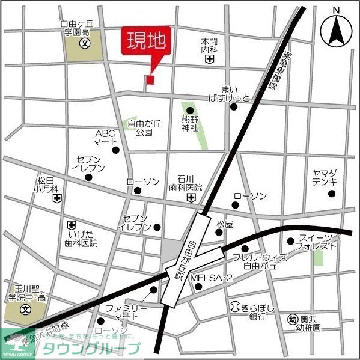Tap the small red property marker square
click(x=150, y=79)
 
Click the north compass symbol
click(x=336, y=29)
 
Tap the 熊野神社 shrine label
click(x=190, y=124)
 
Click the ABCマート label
click(x=105, y=138)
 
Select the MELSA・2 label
click(x=211, y=278)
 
